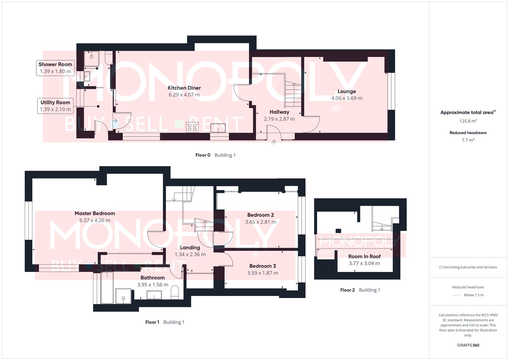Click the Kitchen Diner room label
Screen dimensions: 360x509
[184, 88]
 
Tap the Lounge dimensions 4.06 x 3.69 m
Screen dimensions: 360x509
[347, 98]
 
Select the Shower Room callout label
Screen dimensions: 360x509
[55, 65]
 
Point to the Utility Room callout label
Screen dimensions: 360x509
[55, 103]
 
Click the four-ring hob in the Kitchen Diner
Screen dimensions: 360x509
[192, 127]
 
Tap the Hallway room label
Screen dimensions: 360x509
[279, 112]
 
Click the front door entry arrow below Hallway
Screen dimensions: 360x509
[274, 142]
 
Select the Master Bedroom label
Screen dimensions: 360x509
[95, 213]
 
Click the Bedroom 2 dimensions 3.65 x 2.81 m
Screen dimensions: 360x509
[261, 222]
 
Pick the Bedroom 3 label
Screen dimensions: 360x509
[263, 266]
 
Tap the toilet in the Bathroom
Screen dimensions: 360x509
[175, 294]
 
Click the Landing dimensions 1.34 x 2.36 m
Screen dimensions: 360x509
[190, 254]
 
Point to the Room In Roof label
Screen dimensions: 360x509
[364, 256]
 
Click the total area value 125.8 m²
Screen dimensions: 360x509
[468, 121]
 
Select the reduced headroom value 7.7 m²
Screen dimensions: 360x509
[468, 140]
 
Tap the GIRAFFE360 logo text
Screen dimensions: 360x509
[468, 345]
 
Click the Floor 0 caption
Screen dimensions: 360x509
[203, 155]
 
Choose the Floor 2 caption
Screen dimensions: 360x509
[347, 290]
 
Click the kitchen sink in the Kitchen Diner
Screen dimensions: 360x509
[218, 128]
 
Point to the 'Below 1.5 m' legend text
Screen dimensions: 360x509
[474, 295]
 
